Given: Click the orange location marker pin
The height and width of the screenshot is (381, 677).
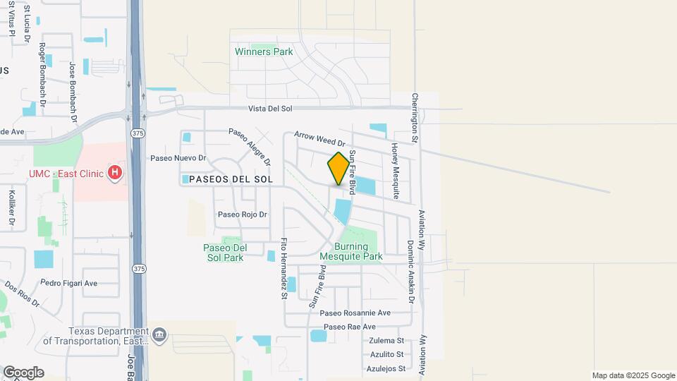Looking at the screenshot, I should click(338, 169).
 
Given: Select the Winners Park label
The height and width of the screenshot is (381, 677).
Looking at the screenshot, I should click(264, 52).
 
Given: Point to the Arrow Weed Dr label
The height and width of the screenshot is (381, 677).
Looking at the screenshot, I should click(318, 135).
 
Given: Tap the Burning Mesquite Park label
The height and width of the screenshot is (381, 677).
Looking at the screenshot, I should click(351, 251).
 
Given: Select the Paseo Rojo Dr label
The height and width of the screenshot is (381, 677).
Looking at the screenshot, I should click(243, 214).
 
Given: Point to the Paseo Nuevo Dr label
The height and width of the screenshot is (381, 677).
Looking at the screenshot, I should click(178, 158).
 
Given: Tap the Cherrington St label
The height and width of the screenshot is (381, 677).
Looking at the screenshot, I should click(416, 119).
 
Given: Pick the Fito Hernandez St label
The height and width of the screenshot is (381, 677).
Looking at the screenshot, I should click(285, 268).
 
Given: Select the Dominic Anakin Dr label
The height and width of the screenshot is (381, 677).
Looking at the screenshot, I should click(410, 272).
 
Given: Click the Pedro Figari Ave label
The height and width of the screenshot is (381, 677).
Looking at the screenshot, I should click(69, 283).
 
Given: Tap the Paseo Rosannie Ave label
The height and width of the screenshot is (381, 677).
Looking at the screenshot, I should click(355, 313).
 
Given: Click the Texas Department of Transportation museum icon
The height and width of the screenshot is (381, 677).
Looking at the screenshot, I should click(159, 334).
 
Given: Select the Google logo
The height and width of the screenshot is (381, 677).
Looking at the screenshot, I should click(23, 373).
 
